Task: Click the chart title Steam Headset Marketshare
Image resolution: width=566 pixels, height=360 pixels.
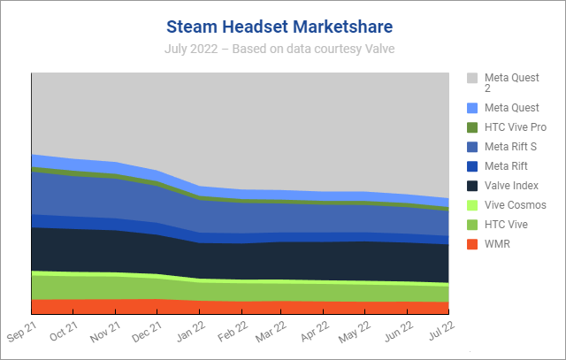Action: click(x=279, y=25)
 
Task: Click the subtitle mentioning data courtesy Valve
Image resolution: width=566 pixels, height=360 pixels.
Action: click(x=279, y=49)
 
